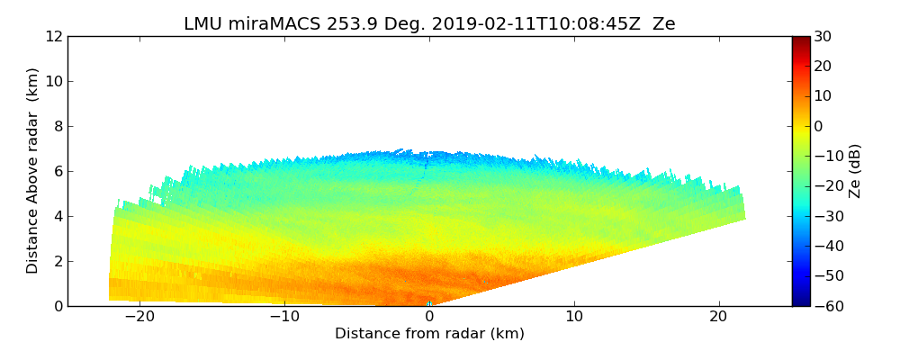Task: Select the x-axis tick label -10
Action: point(284,317)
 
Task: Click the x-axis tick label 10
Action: point(574,317)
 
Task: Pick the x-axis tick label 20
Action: point(718,317)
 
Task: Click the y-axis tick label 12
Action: point(53,37)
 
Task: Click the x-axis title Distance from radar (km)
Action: point(429,334)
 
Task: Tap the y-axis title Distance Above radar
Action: point(33,171)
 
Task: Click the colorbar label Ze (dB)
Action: point(855,171)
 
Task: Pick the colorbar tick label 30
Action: point(822,37)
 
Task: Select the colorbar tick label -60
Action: point(825,306)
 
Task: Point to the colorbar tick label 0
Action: point(817,127)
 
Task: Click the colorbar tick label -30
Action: point(825,216)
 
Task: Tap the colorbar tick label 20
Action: point(822,67)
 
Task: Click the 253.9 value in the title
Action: point(352,24)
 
